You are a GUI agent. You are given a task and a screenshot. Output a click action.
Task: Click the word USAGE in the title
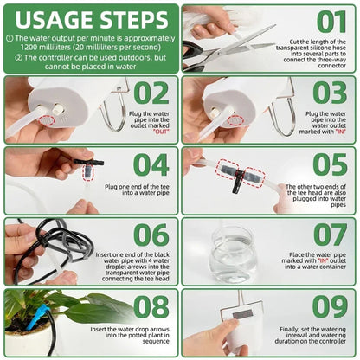[55, 18]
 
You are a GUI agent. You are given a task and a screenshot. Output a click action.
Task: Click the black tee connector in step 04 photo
[87, 163]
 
